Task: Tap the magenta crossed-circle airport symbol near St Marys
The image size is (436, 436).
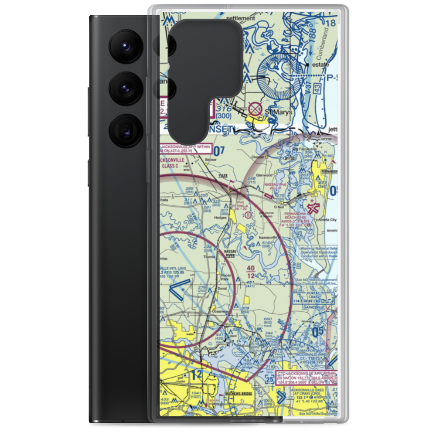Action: point(254,107)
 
